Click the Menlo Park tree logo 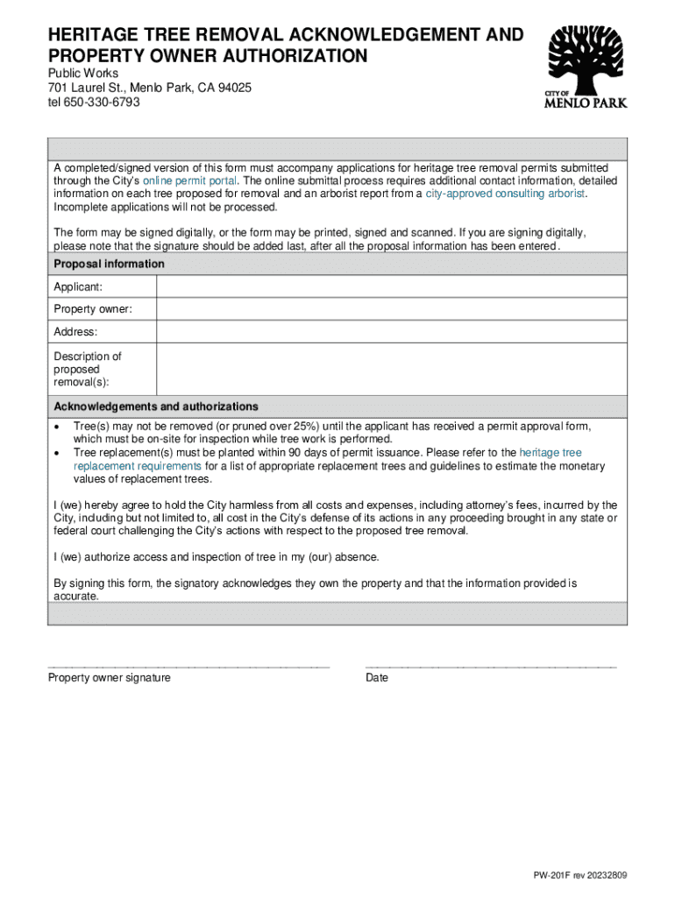coord(586,66)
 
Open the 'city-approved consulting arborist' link coord(505,194)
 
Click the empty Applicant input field coord(391,286)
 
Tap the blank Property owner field coord(391,309)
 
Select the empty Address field coord(391,332)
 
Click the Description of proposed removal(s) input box coord(391,369)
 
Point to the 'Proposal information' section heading coord(109,264)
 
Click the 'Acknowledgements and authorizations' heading coord(156,406)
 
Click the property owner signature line coord(188,667)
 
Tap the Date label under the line coord(377,678)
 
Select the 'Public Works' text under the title coord(82,74)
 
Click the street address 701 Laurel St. coord(88,88)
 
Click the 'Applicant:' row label coord(78,286)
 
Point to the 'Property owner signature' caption coord(109,678)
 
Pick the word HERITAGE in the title coord(95,35)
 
